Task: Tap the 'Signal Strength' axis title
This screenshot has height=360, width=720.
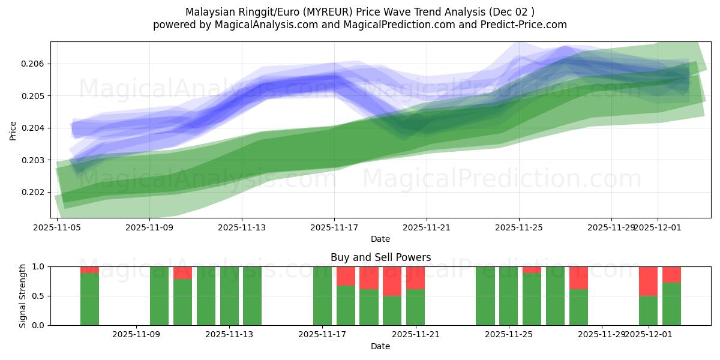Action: [x=22, y=296]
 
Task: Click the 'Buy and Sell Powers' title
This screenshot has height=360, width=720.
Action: [x=380, y=257]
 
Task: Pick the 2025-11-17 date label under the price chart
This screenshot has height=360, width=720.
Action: [x=334, y=227]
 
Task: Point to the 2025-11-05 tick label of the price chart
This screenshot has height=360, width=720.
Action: [x=57, y=227]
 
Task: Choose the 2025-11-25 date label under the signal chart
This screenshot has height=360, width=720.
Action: [x=508, y=335]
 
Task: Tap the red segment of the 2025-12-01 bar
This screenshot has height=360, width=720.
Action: [x=648, y=281]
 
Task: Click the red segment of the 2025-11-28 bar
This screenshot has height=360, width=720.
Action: [x=578, y=278]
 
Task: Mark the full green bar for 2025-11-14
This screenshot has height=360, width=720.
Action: [x=252, y=296]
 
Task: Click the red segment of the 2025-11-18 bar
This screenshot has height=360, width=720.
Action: [x=346, y=276]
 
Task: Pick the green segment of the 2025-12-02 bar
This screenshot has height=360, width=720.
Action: [x=671, y=304]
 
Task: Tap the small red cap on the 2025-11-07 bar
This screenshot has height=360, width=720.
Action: [x=89, y=269]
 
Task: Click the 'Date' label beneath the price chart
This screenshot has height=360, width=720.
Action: [x=380, y=239]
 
